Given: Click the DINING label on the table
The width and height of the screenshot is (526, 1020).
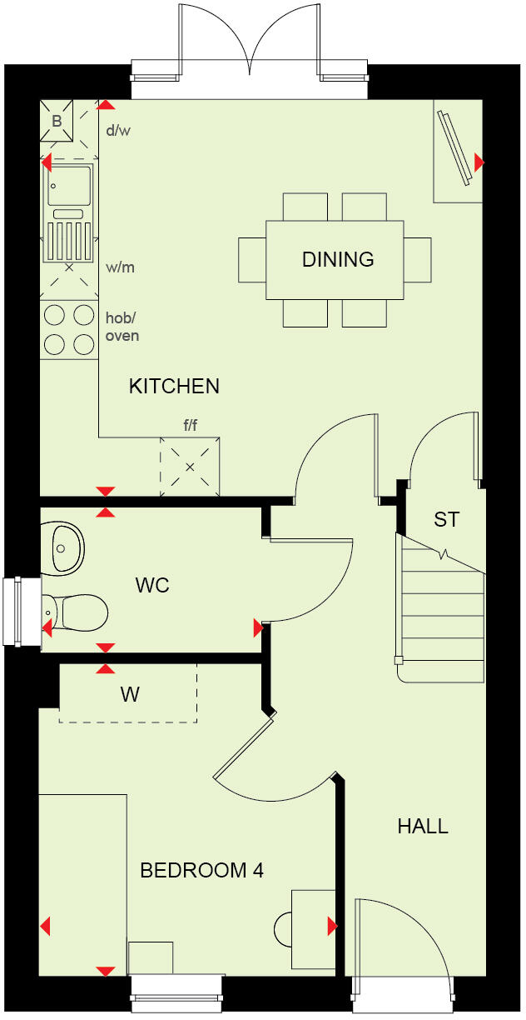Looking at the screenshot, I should tap(337, 259).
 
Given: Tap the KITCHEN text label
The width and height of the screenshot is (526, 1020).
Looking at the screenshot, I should tap(174, 386).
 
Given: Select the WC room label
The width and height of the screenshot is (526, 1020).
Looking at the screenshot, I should tap(152, 585).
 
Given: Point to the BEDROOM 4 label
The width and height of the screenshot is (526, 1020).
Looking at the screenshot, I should tap(201, 871).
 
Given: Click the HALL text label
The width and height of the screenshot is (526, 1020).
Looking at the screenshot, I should tap(422, 827).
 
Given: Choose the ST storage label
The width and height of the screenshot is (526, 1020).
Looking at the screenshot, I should tap(446, 519).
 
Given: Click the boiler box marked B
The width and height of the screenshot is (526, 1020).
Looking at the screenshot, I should tap(57, 120).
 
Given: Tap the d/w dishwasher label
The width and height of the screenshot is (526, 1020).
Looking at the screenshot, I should tap(119, 131).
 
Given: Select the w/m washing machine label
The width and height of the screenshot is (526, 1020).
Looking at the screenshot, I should tap(120, 267).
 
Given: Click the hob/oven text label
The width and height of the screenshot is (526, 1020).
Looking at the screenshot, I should tap(122, 327).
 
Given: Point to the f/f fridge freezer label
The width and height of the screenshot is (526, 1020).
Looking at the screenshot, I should tap(191, 426).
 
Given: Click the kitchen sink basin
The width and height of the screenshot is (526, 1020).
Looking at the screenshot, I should tap(70, 185).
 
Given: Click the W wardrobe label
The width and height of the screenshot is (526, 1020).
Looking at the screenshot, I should tap(130, 694).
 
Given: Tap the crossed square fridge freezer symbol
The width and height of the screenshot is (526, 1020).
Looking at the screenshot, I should tap(190, 467).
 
